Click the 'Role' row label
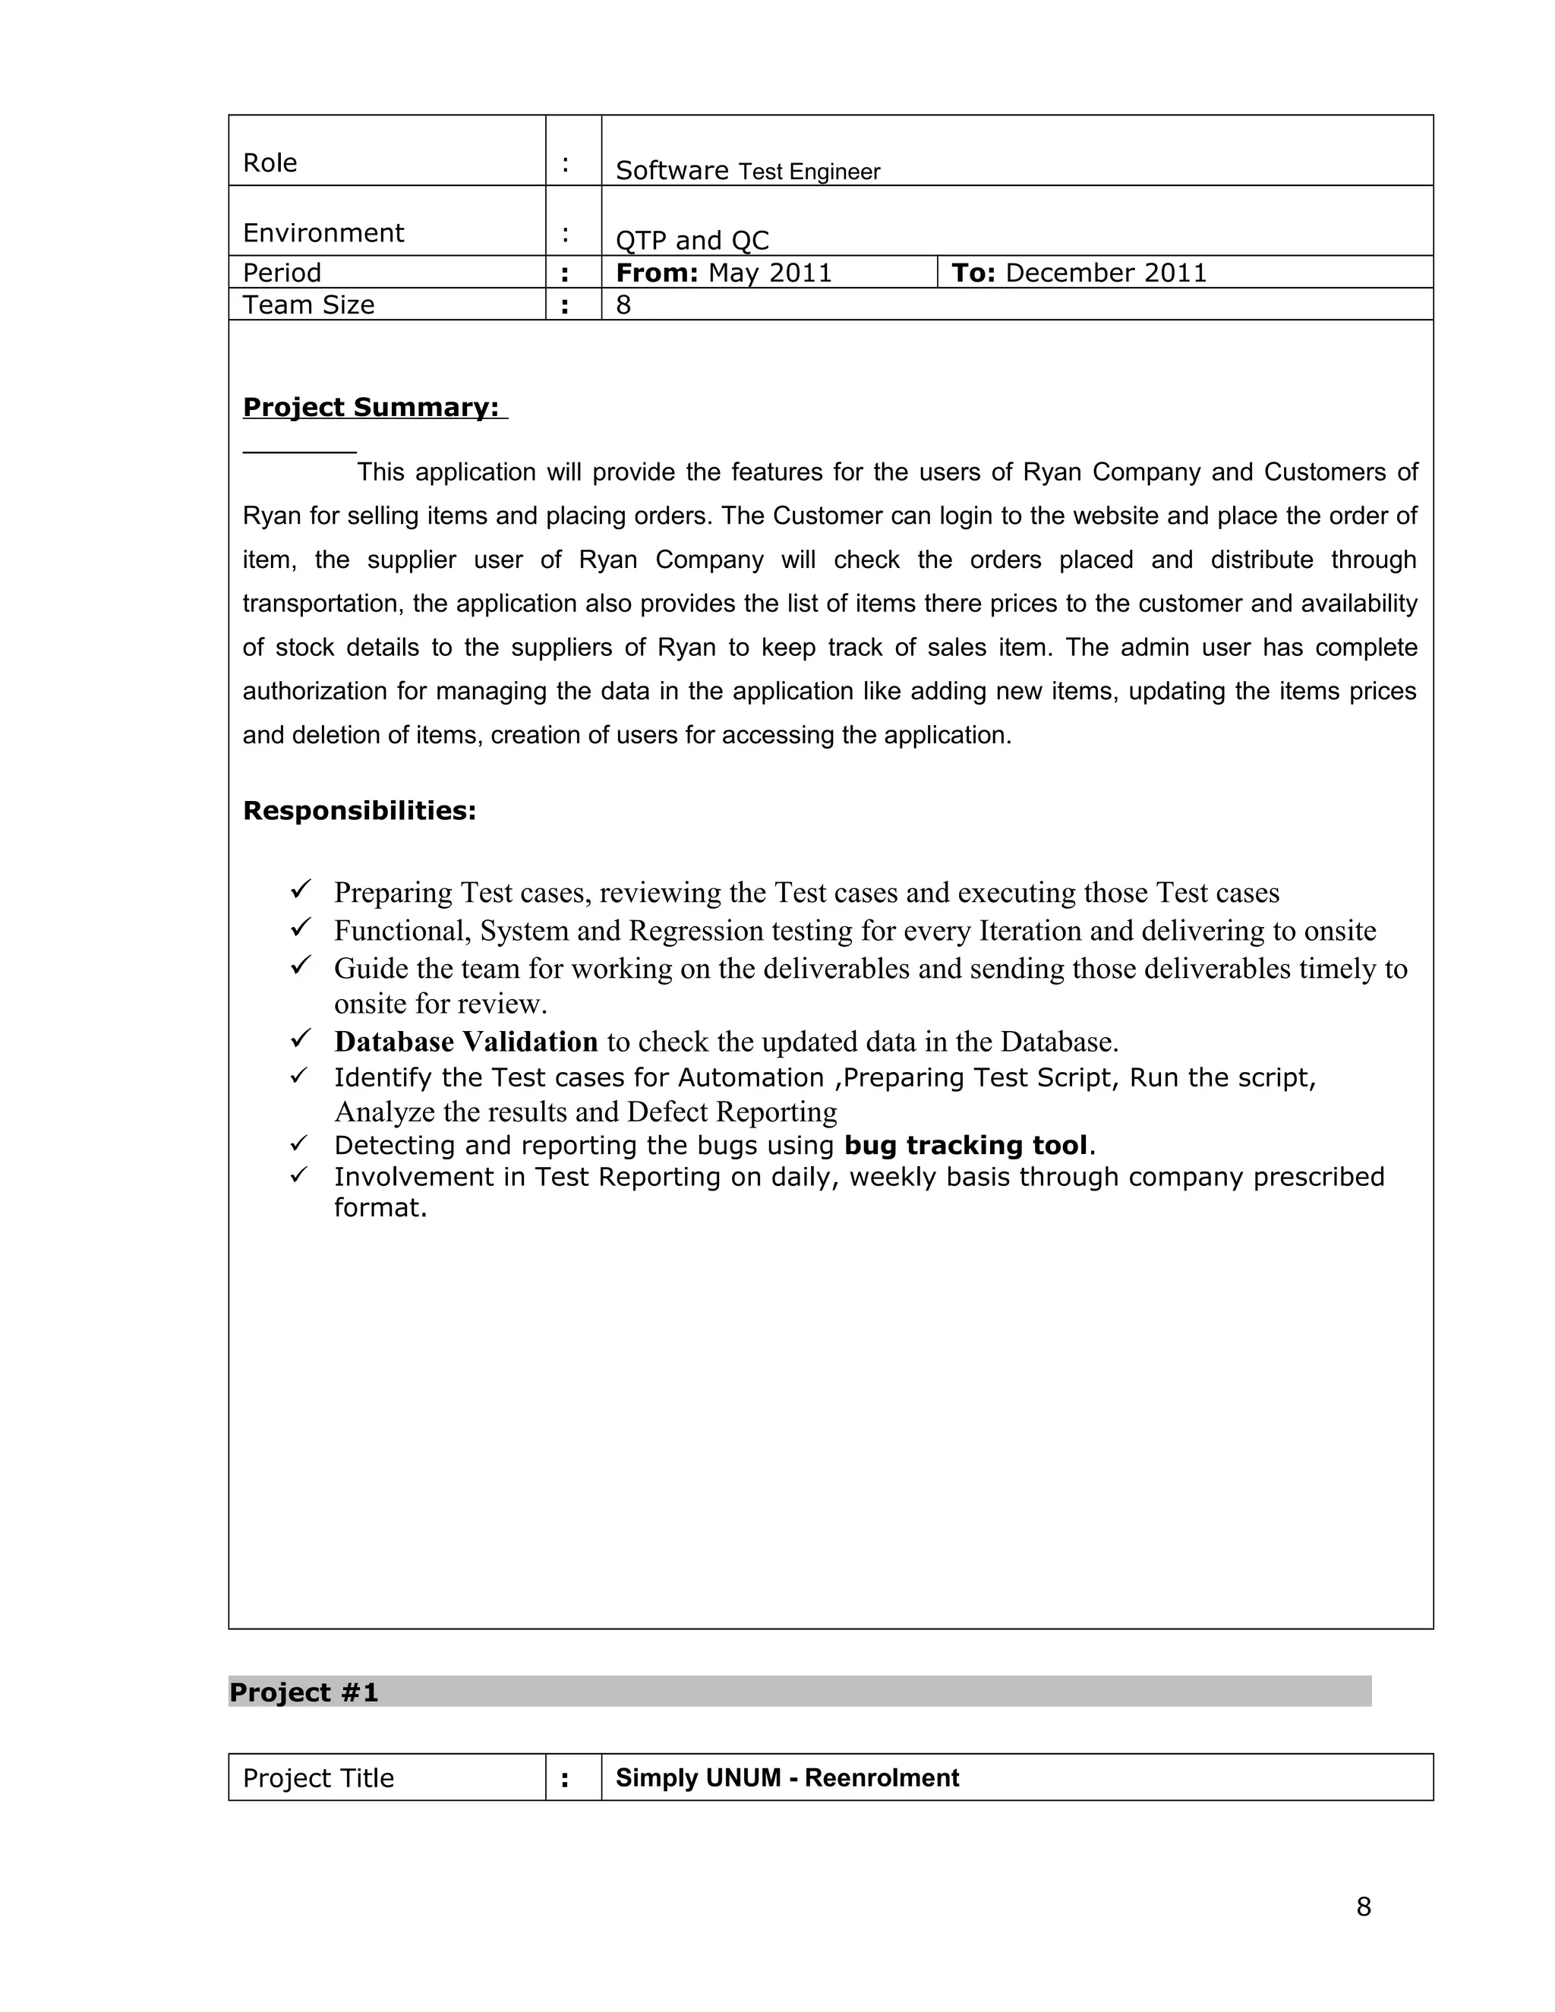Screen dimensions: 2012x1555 pos(270,163)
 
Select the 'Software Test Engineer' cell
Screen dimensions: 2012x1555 pos(747,170)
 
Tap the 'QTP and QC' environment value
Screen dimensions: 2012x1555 pos(692,241)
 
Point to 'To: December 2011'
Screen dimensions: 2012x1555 pos(1078,273)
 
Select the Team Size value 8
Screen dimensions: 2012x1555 pos(623,305)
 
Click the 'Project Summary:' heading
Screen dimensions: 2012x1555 pos(371,407)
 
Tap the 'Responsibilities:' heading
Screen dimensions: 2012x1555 pos(359,811)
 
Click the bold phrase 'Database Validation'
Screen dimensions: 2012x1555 pos(465,1042)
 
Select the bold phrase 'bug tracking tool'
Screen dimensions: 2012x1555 pos(966,1145)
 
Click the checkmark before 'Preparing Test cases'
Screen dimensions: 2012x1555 pos(301,889)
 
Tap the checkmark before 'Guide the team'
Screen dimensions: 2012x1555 pos(301,966)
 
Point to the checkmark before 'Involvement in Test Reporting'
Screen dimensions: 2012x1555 pos(298,1175)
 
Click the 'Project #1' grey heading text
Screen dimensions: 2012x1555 pos(304,1692)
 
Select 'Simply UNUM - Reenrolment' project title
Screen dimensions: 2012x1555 pos(787,1778)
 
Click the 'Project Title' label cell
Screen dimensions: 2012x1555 pos(318,1778)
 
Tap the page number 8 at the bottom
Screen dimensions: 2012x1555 pos(1364,1907)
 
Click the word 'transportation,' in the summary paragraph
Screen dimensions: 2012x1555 pos(323,604)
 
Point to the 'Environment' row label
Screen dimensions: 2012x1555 pos(323,233)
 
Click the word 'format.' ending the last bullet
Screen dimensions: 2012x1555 pos(380,1208)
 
